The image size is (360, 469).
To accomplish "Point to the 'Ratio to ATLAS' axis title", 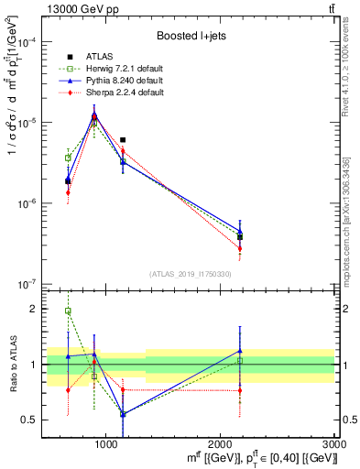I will coord(12,364).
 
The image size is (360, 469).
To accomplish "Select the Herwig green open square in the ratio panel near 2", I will coord(68,311).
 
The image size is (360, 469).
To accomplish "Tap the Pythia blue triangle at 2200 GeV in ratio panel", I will coord(240,351).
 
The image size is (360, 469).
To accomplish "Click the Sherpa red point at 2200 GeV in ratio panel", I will coord(240,391).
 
